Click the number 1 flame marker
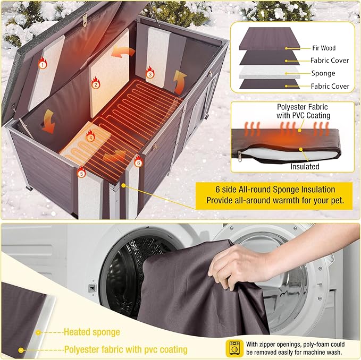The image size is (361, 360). coord(42,65)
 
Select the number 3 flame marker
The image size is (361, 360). coord(150,74)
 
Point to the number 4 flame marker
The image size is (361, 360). coord(90,138)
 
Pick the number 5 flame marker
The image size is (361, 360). coord(81,173)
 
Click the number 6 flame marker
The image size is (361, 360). coord(138,162)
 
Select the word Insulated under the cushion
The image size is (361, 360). coord(305,166)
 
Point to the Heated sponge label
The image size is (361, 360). coord(91,332)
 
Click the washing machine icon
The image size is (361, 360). coord(235,348)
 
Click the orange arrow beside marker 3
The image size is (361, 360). coord(180,80)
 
